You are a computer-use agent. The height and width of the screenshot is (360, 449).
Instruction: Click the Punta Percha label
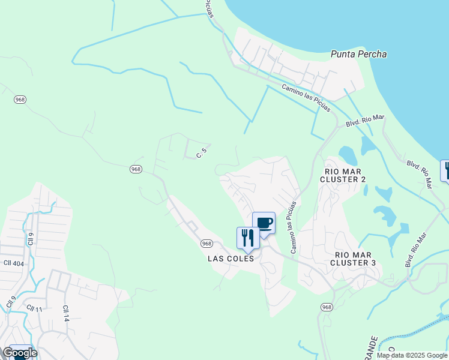pyautogui.click(x=358, y=54)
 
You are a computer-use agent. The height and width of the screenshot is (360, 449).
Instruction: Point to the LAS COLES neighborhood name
pyautogui.click(x=231, y=259)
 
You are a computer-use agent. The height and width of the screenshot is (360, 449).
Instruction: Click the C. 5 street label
pyautogui.click(x=202, y=154)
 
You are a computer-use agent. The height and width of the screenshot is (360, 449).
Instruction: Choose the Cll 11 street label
pyautogui.click(x=34, y=308)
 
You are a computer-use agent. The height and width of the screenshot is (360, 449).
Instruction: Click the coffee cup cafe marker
pyautogui.click(x=264, y=224)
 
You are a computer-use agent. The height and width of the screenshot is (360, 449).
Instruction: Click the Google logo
pyautogui.click(x=20, y=352)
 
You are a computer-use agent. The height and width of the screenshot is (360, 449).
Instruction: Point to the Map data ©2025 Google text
pyautogui.click(x=412, y=355)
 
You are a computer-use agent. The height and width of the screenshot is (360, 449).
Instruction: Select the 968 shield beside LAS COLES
pyautogui.click(x=206, y=243)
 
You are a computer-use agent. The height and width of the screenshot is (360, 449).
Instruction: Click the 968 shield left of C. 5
pyautogui.click(x=136, y=170)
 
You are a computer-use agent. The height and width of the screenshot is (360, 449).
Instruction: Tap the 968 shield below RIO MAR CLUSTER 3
pyautogui.click(x=326, y=307)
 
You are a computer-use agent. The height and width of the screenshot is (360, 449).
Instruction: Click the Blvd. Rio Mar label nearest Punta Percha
pyautogui.click(x=364, y=121)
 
